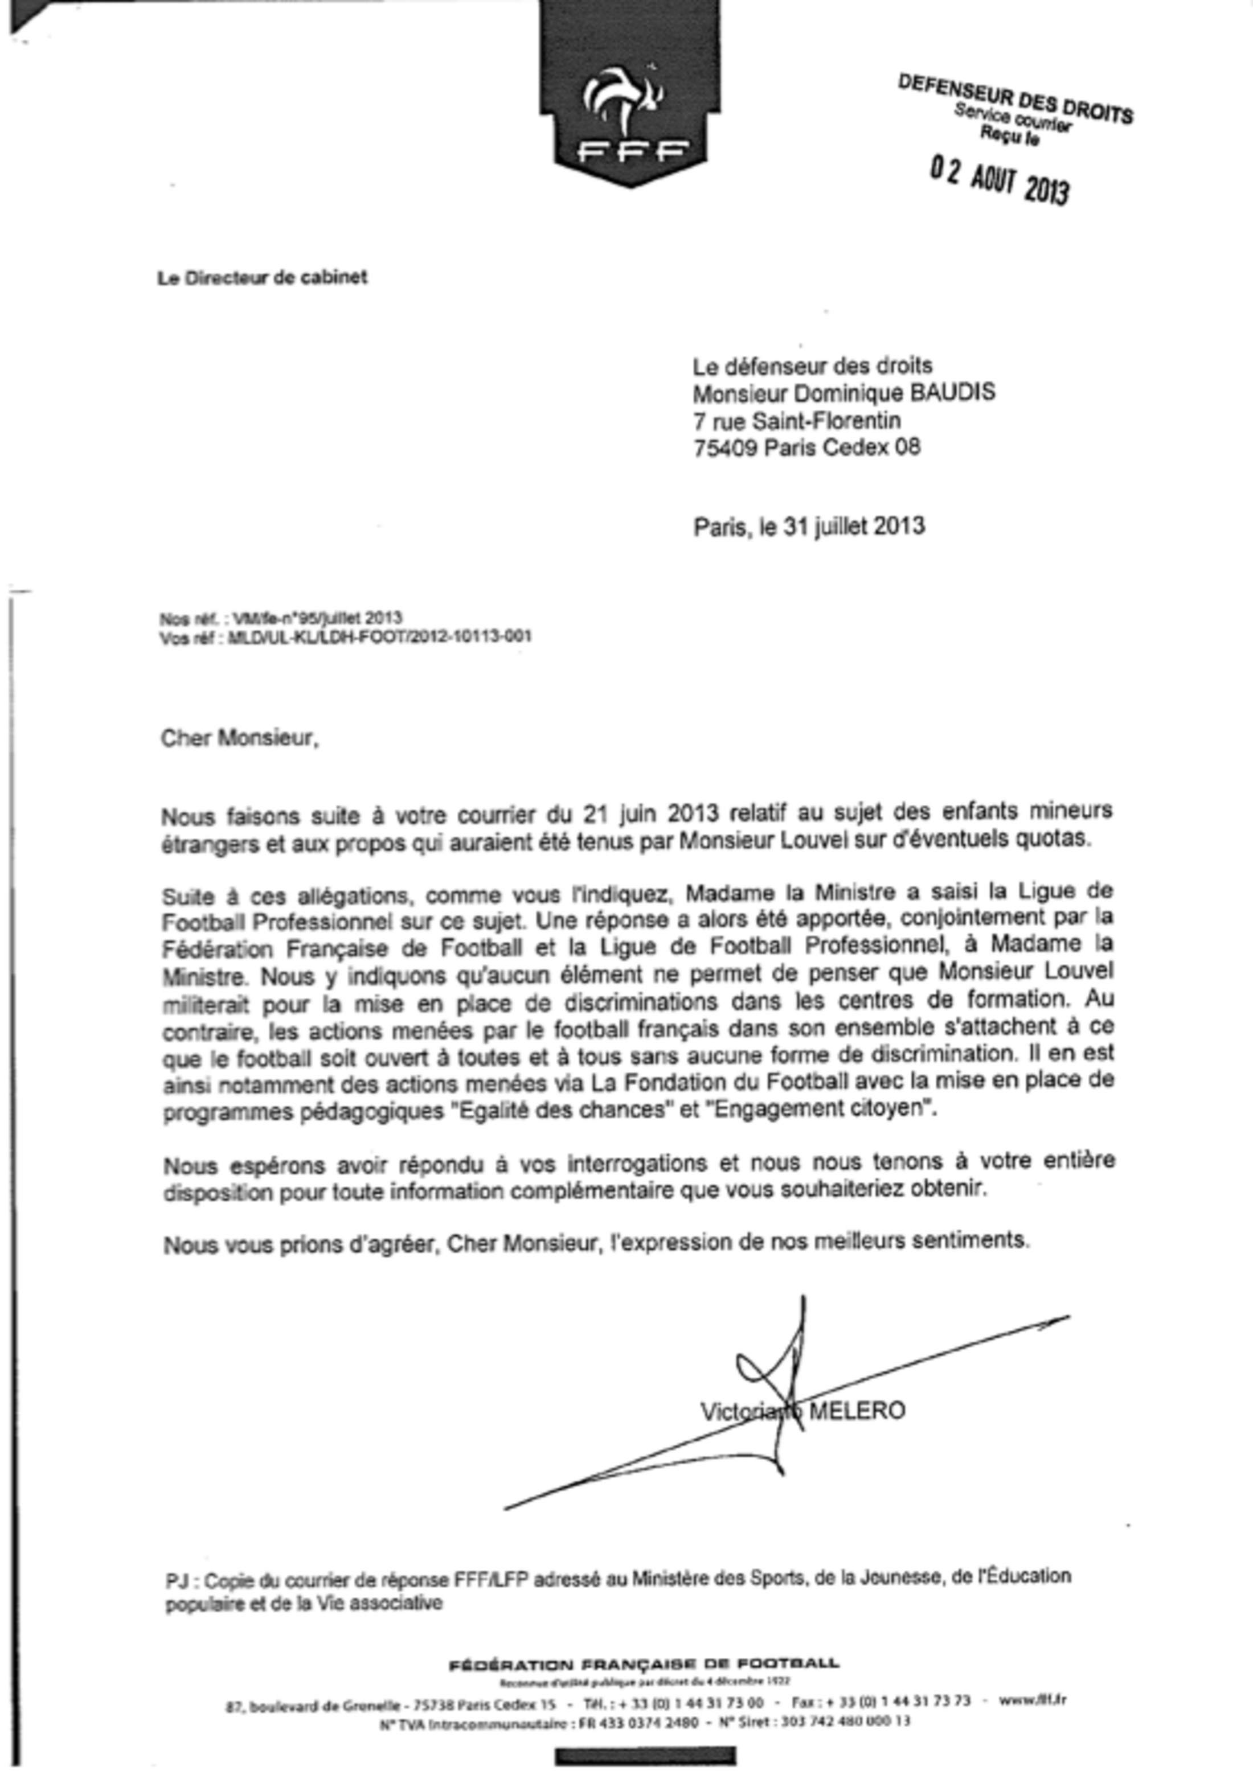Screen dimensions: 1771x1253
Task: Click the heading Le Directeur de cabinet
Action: point(263,278)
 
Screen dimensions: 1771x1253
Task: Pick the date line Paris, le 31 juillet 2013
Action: point(809,526)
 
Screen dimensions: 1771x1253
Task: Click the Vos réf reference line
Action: point(345,637)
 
